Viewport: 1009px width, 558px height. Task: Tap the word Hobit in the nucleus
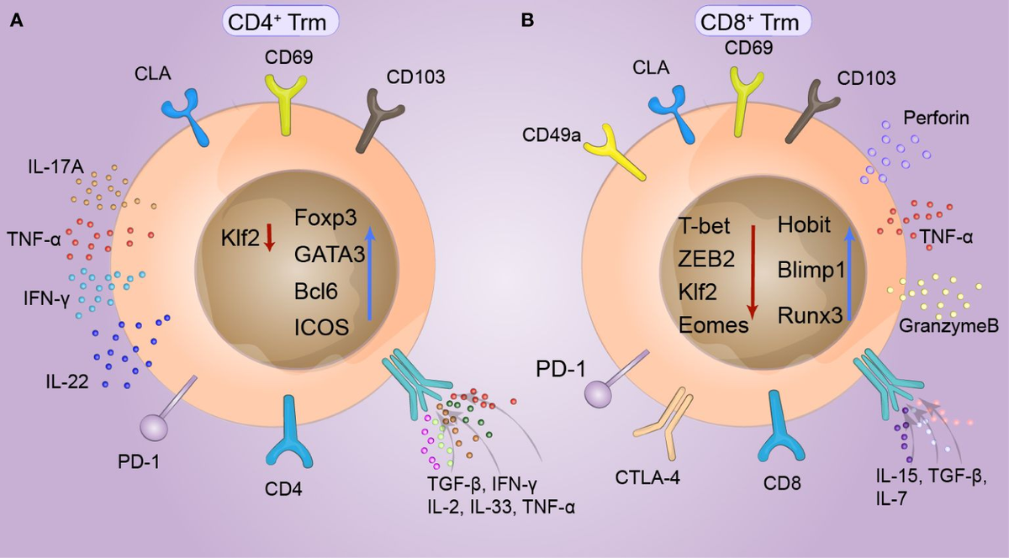pyautogui.click(x=804, y=224)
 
